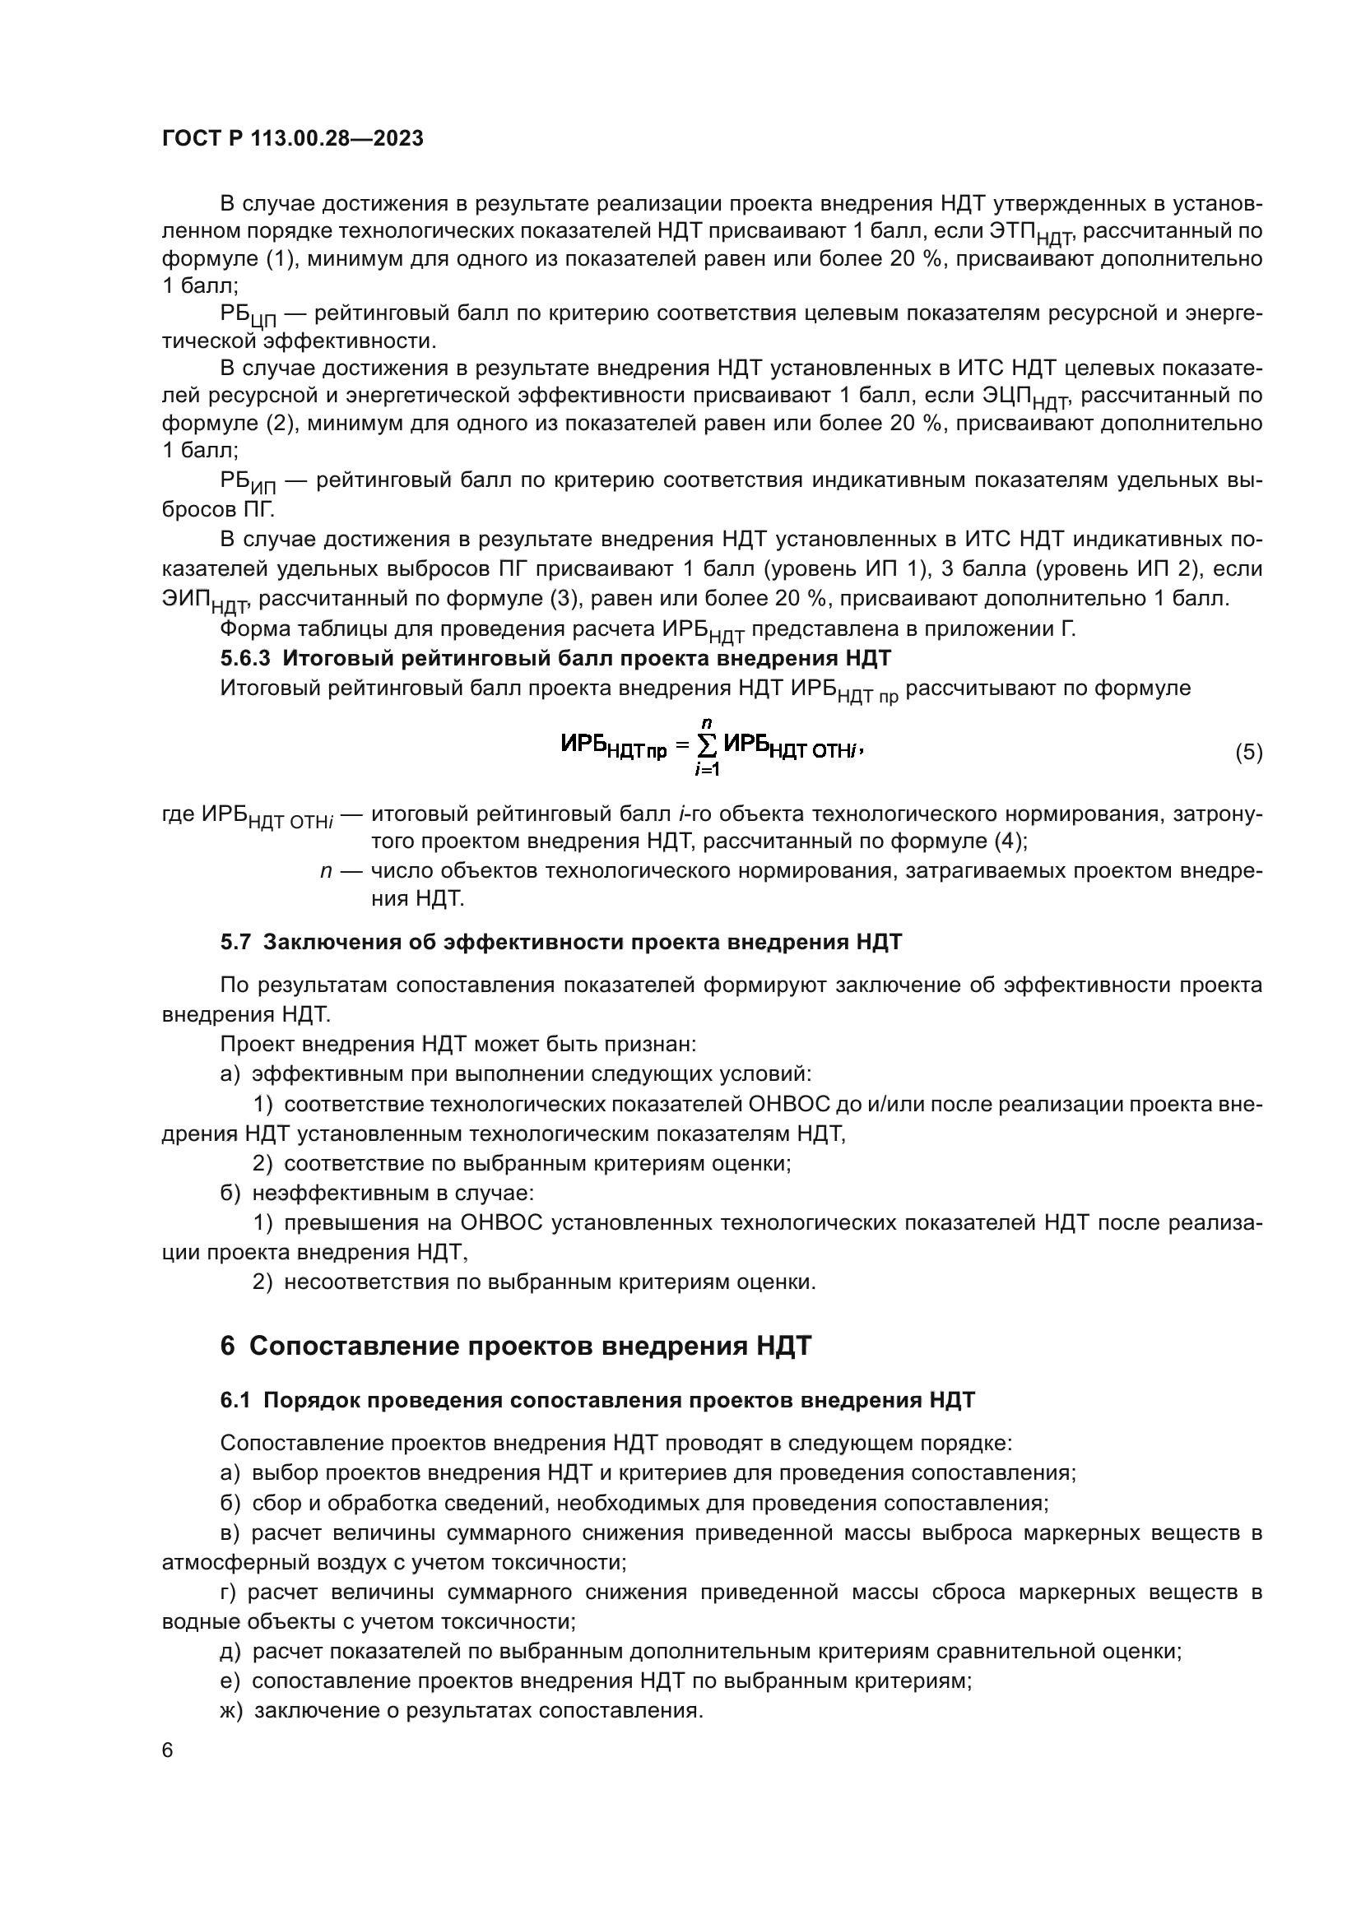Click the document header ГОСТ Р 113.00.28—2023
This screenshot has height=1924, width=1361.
pyautogui.click(x=292, y=139)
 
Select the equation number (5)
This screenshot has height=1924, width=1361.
pyautogui.click(x=1248, y=752)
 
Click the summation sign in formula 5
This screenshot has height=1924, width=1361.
pyautogui.click(x=708, y=745)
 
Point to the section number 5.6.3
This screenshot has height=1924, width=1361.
pyautogui.click(x=244, y=658)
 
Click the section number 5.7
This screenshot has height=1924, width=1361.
pyautogui.click(x=235, y=943)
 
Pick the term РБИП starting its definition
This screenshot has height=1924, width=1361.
pyautogui.click(x=247, y=483)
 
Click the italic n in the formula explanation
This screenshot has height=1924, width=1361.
pyautogui.click(x=326, y=870)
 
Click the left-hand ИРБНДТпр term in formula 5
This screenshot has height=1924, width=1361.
pyautogui.click(x=614, y=746)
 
